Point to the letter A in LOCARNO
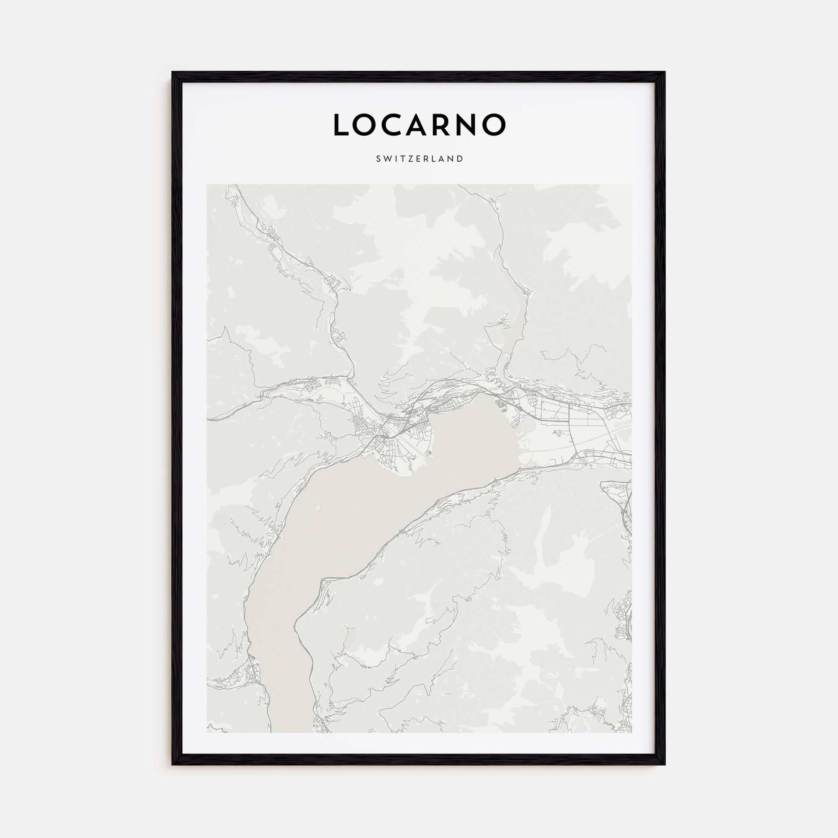[x=422, y=125]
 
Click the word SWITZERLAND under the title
[x=419, y=159]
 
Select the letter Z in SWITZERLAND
[x=410, y=159]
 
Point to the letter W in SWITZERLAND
[x=387, y=159]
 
